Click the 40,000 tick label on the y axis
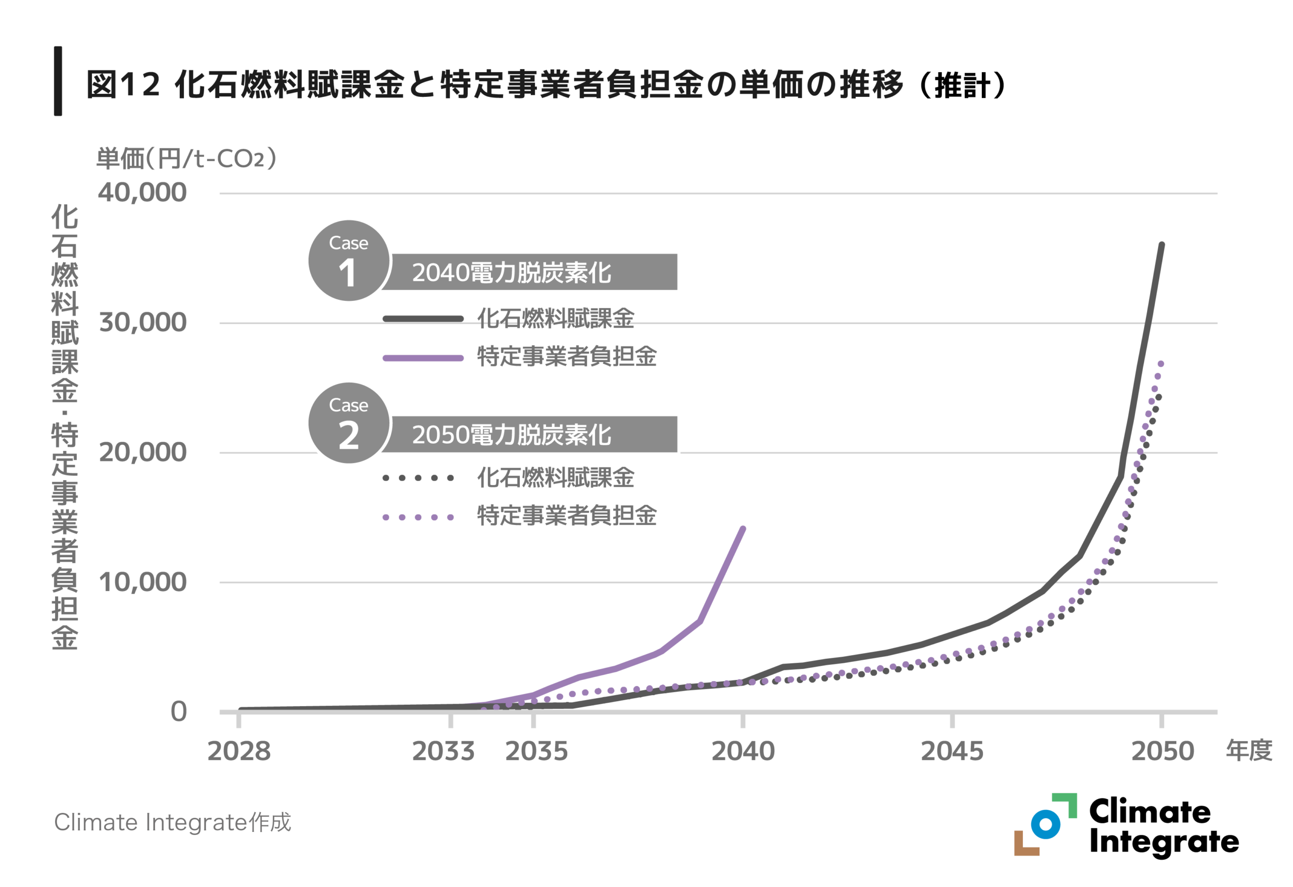[x=142, y=193]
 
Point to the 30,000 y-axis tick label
[x=142, y=323]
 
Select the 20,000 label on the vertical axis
[x=142, y=453]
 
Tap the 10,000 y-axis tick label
[x=142, y=582]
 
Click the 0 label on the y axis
[x=179, y=712]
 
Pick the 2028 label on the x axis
[x=239, y=751]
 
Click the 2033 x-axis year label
[x=443, y=751]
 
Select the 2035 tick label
[x=536, y=751]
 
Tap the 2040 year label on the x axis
[x=743, y=751]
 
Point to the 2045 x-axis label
[x=952, y=751]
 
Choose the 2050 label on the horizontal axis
[x=1162, y=751]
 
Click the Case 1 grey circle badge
[x=349, y=261]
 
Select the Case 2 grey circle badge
[x=349, y=423]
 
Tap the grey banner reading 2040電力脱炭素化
[x=531, y=273]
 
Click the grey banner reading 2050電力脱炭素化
[x=531, y=434]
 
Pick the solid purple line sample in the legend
[x=423, y=358]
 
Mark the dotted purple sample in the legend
[x=418, y=518]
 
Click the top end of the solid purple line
[x=743, y=529]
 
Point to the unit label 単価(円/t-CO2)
[x=186, y=159]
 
